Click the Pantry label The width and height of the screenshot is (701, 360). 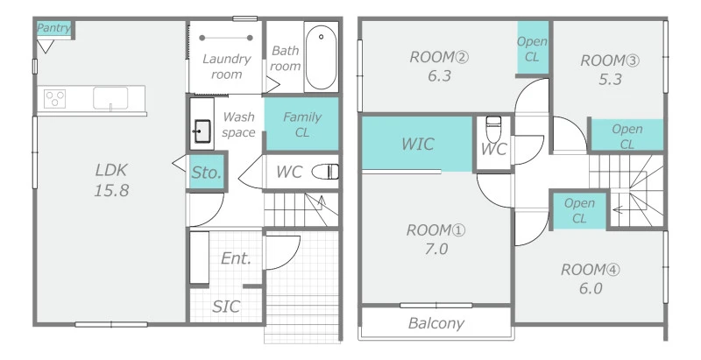53,28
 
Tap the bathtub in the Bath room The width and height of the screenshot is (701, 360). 321,57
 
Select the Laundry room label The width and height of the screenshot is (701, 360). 226,66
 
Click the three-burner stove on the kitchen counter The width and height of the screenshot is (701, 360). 55,99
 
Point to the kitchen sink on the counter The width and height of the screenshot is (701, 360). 110,98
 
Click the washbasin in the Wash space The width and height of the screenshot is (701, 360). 202,131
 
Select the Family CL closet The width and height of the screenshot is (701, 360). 301,124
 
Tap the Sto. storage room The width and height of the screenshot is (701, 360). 207,172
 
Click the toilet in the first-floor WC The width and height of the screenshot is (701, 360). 325,172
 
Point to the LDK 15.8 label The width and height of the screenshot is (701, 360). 111,180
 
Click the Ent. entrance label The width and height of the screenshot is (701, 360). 236,258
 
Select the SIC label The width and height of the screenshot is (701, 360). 226,307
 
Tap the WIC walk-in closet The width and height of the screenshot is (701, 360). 417,144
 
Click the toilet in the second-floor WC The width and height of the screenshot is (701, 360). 493,129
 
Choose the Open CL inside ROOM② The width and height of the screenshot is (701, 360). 533,47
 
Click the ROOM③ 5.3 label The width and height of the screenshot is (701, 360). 610,70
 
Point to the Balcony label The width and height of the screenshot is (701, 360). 435,323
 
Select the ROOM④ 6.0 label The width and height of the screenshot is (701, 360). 591,279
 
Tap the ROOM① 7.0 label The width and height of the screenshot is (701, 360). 435,239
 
